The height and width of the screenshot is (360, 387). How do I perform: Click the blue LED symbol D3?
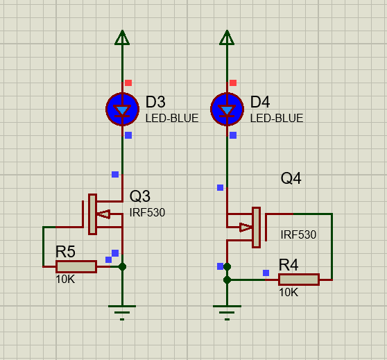pyautogui.click(x=123, y=109)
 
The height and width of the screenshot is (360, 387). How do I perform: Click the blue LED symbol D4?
pyautogui.click(x=227, y=109)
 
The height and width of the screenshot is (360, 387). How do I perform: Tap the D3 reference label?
pyautogui.click(x=155, y=102)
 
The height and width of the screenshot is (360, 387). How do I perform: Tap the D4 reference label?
pyautogui.click(x=260, y=102)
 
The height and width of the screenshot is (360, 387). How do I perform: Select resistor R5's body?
pyautogui.click(x=76, y=266)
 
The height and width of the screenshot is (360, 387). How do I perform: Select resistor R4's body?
pyautogui.click(x=299, y=280)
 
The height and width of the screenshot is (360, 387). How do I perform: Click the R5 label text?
pyautogui.click(x=65, y=252)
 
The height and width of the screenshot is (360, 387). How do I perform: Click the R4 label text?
pyautogui.click(x=289, y=265)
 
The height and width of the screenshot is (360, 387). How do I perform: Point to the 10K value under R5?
pyautogui.click(x=65, y=280)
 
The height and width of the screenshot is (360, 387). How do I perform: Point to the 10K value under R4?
pyautogui.click(x=289, y=292)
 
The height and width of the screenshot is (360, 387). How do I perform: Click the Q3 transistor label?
pyautogui.click(x=139, y=196)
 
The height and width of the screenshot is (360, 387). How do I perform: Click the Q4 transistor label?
pyautogui.click(x=291, y=178)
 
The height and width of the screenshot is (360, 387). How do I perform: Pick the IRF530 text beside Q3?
pyautogui.click(x=147, y=212)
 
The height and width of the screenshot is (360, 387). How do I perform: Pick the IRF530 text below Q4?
pyautogui.click(x=298, y=234)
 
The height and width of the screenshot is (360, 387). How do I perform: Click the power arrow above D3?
pyautogui.click(x=122, y=37)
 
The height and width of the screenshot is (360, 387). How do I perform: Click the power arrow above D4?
pyautogui.click(x=227, y=37)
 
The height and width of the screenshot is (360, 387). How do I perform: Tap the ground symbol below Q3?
pyautogui.click(x=122, y=313)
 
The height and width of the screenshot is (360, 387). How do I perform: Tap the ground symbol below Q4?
pyautogui.click(x=227, y=313)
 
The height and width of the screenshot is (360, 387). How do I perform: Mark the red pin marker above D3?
pyautogui.click(x=128, y=83)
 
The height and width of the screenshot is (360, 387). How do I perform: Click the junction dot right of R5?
pyautogui.click(x=122, y=266)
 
